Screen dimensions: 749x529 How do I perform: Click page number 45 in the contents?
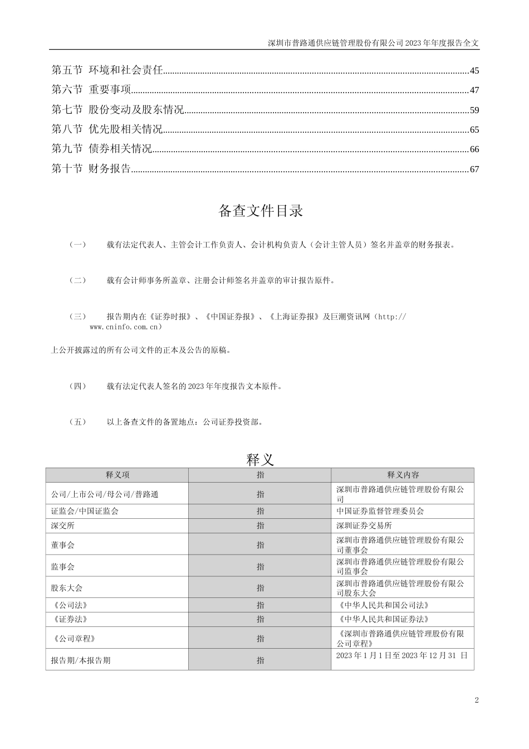[474, 71]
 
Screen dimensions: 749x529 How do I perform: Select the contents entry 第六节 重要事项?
[91, 90]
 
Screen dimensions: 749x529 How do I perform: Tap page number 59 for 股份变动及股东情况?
[474, 110]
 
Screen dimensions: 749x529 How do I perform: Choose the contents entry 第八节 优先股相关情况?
[107, 130]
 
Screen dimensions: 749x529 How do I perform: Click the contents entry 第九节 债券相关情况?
[101, 149]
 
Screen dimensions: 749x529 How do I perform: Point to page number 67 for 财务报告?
[474, 169]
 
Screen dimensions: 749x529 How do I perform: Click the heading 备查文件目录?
[261, 211]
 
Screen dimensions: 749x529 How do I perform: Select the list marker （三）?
[77, 317]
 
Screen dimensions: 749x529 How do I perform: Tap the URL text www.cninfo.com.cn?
[125, 327]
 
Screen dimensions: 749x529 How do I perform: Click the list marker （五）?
[77, 422]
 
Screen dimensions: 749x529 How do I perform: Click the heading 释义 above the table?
[260, 460]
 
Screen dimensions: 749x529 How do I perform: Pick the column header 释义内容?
[403, 475]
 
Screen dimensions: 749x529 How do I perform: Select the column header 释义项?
[117, 475]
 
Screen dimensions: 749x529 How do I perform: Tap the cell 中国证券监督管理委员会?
[380, 511]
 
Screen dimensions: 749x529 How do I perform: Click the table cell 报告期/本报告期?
[80, 660]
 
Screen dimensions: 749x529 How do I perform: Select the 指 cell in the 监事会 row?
[260, 567]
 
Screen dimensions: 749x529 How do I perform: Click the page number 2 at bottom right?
[477, 701]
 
